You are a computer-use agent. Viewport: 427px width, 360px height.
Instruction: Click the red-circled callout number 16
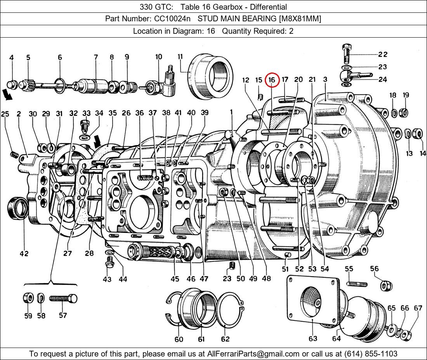[272, 80]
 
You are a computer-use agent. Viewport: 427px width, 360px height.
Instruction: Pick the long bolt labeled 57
[63, 299]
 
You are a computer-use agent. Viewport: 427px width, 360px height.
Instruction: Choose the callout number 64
[336, 338]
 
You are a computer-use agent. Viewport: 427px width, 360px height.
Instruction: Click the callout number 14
[423, 153]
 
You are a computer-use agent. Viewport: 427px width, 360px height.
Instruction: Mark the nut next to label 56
[386, 286]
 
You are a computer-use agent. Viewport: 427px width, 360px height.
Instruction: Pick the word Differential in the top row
[269, 7]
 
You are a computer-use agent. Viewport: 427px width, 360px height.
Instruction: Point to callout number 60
[179, 339]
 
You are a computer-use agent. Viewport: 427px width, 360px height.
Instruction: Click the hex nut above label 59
[28, 298]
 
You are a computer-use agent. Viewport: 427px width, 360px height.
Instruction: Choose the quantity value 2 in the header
[291, 31]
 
